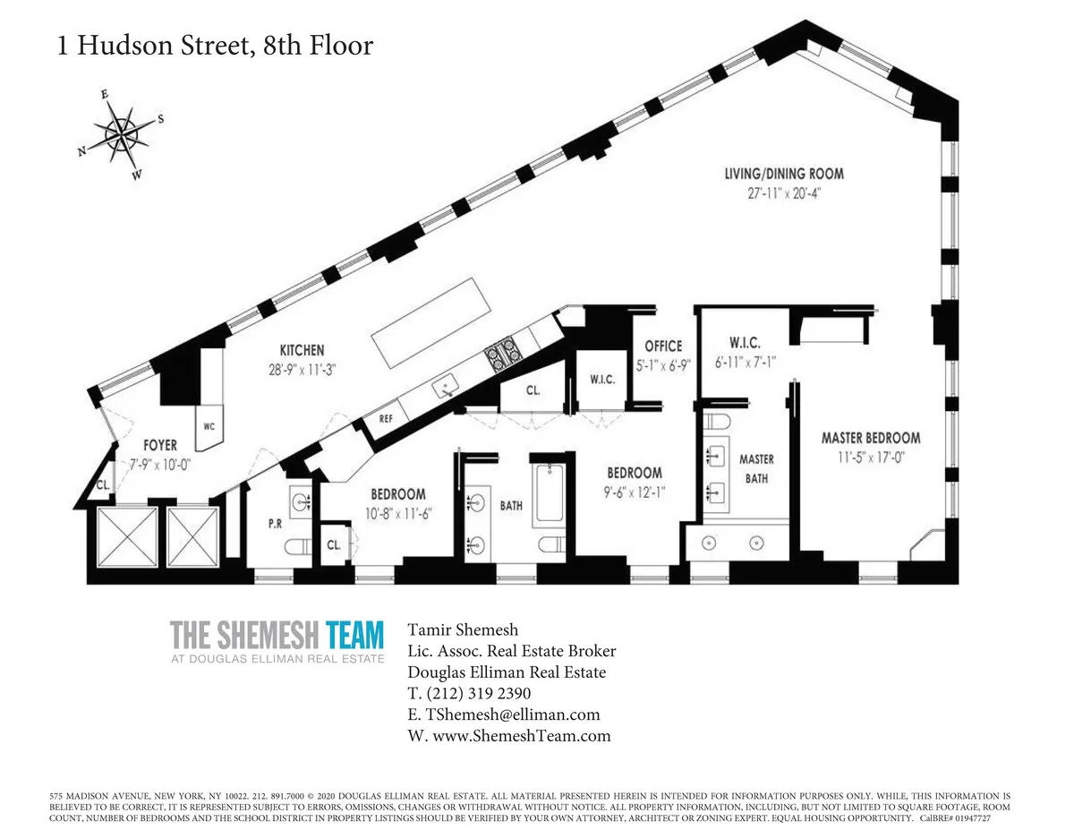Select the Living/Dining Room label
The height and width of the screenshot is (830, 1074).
pyautogui.click(x=784, y=174)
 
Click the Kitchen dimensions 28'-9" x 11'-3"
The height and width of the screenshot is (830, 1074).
pyautogui.click(x=302, y=367)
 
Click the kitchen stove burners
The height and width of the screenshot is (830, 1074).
pyautogui.click(x=502, y=355)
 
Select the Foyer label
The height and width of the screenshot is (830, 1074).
pyautogui.click(x=159, y=445)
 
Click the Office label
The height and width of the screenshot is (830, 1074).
pyautogui.click(x=663, y=346)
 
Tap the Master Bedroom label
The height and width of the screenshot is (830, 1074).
pyautogui.click(x=871, y=438)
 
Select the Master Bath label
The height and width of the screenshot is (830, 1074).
pyautogui.click(x=756, y=468)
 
